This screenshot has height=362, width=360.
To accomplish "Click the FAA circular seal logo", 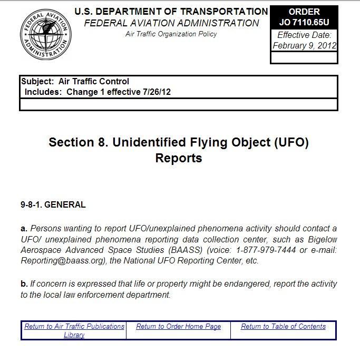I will coord(46,35).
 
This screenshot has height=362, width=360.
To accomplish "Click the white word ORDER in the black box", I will coord(304,12).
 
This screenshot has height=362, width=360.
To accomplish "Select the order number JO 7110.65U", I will coord(304,22).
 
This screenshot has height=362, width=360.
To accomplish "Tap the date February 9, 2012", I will coord(304,46).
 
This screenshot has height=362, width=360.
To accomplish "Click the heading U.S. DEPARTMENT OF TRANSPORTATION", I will coord(171,11).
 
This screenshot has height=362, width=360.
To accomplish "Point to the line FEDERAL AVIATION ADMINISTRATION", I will coord(171,23).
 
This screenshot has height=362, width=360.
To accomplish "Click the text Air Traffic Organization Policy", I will coord(171,34).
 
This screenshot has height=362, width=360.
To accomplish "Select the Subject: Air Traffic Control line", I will coord(75,82).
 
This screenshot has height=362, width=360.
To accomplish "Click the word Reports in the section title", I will coord(179,158).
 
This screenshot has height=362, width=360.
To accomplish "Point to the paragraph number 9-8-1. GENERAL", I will coord(53,205).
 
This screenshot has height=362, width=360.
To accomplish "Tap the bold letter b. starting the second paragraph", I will coord(24,284).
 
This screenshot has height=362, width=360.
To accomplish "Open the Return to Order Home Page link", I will coord(178,327).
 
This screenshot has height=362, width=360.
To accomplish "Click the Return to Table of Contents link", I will coord(283,327).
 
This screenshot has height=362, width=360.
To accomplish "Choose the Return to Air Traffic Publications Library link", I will coord(74,330).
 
